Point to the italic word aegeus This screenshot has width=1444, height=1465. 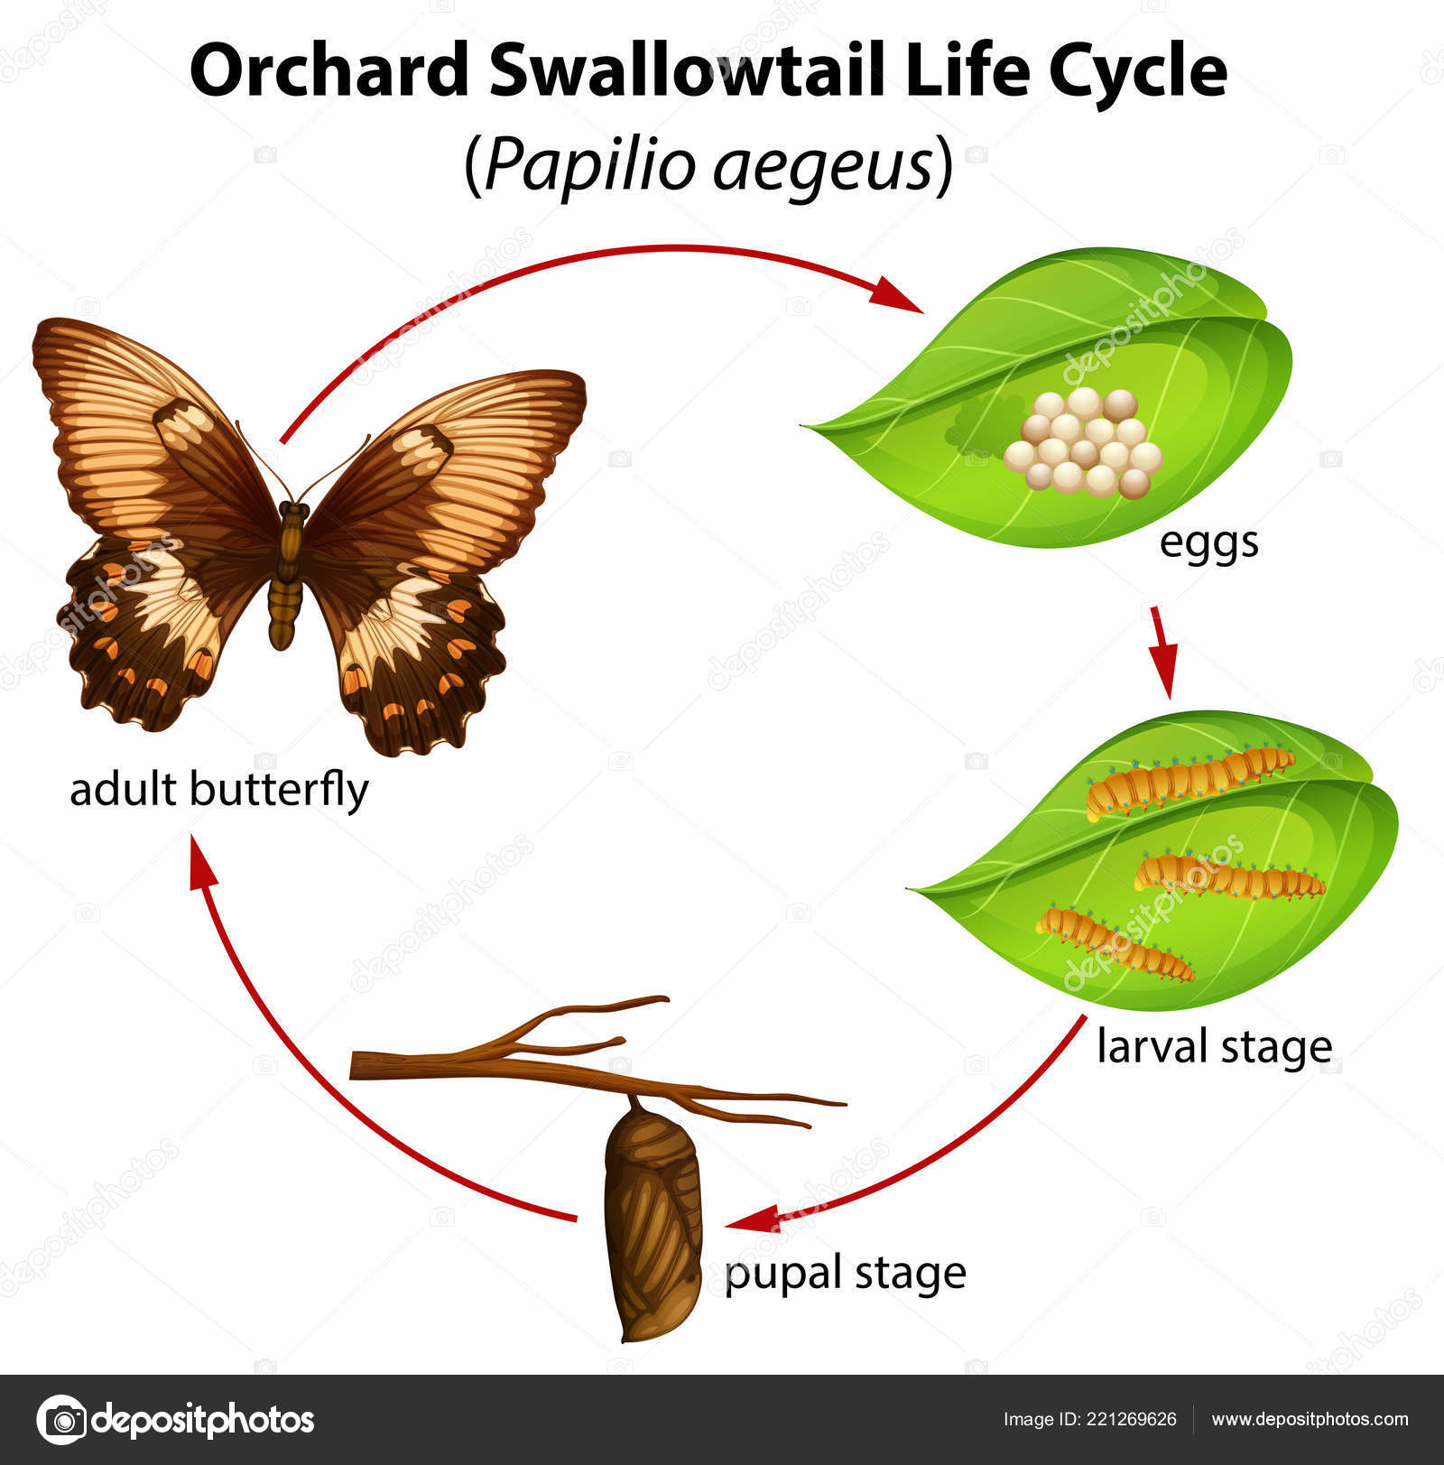coord(822,166)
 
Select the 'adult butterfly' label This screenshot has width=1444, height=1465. coord(219,791)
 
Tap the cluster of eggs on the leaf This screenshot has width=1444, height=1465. coord(1084,443)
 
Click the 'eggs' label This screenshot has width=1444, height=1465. coord(1208,542)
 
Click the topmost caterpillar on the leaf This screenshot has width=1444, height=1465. coord(1189,778)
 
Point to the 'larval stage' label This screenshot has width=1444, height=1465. coord(1214,1047)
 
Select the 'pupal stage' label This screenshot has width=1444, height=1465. coord(846,1273)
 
